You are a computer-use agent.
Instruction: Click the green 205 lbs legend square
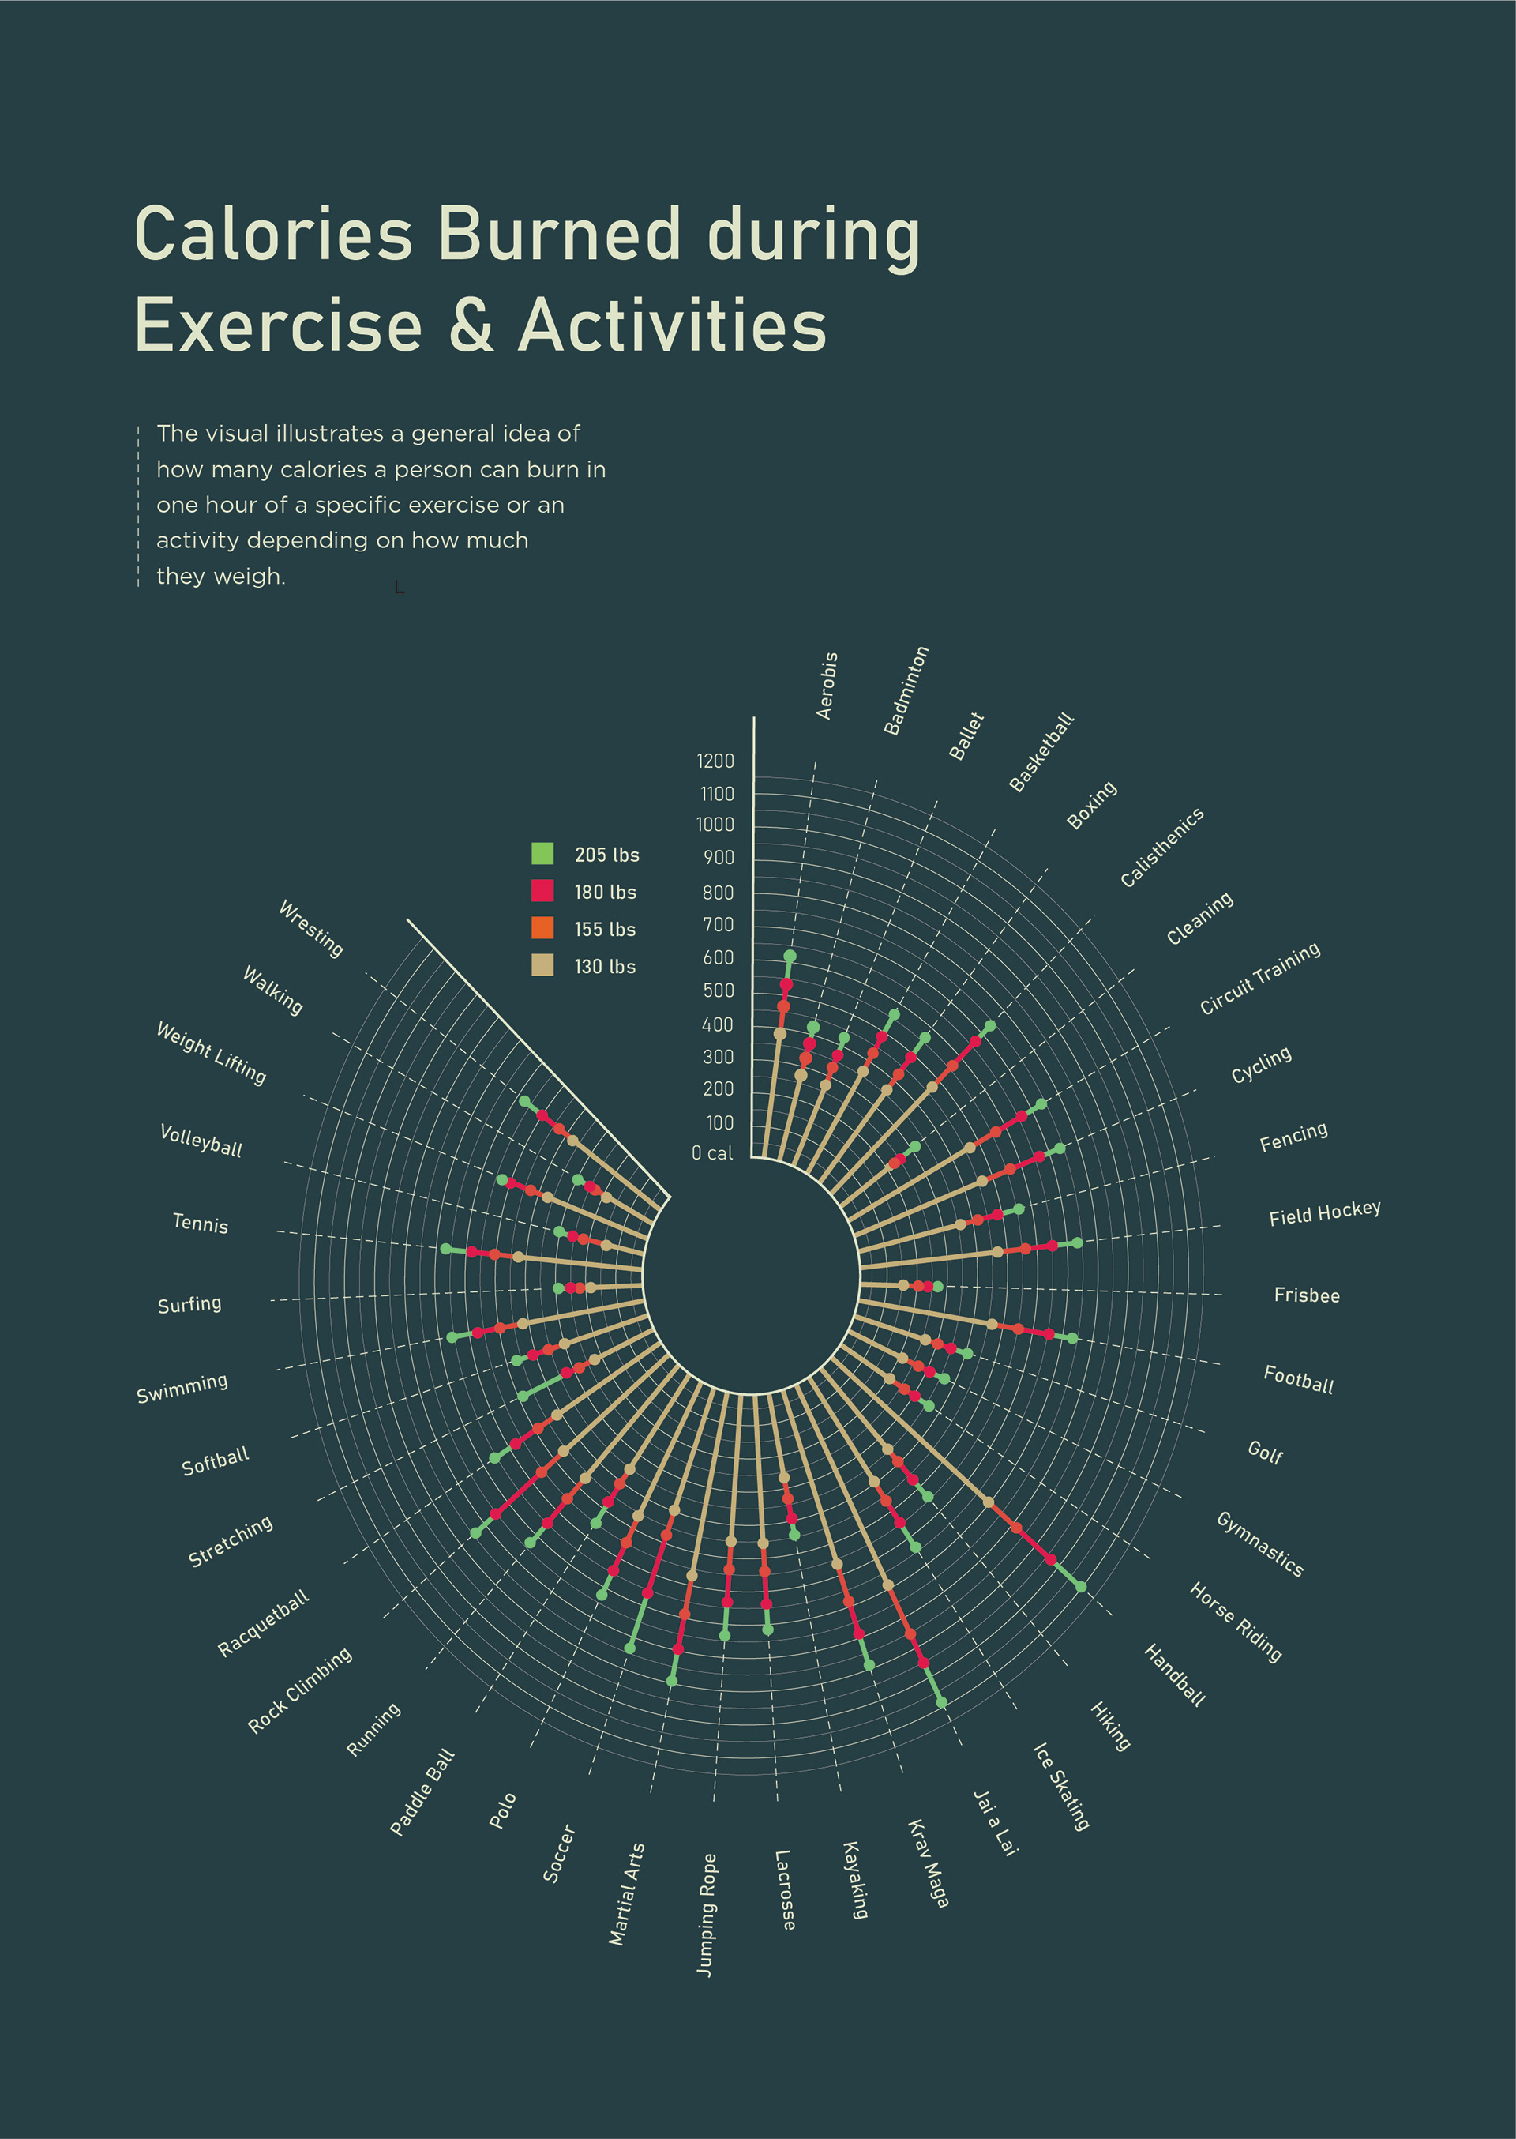pos(542,853)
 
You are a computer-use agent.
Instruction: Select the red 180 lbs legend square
pos(542,891)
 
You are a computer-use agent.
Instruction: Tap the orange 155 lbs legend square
pos(542,928)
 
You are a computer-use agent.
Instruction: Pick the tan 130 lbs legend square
pos(542,964)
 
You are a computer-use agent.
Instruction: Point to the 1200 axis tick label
pos(715,761)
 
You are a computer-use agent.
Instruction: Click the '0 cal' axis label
pos(712,1153)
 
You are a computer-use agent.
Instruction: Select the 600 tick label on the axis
pos(718,957)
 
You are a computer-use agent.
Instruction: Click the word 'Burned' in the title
pos(559,234)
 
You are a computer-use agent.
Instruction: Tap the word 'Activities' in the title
pos(672,325)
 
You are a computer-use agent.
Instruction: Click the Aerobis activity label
pos(827,686)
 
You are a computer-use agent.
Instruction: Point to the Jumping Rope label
pos(707,1915)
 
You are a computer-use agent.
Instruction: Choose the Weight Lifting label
pos(212,1053)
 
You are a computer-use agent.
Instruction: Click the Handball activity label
pos(1174,1676)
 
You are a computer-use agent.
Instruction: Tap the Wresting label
pos(311,928)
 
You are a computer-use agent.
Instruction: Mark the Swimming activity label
pos(182,1389)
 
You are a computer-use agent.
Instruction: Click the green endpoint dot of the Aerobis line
pos(790,956)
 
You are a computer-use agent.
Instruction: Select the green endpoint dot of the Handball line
pos(1081,1586)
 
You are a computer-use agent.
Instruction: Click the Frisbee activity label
pos(1306,1295)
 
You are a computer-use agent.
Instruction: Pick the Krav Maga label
pos(928,1863)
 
